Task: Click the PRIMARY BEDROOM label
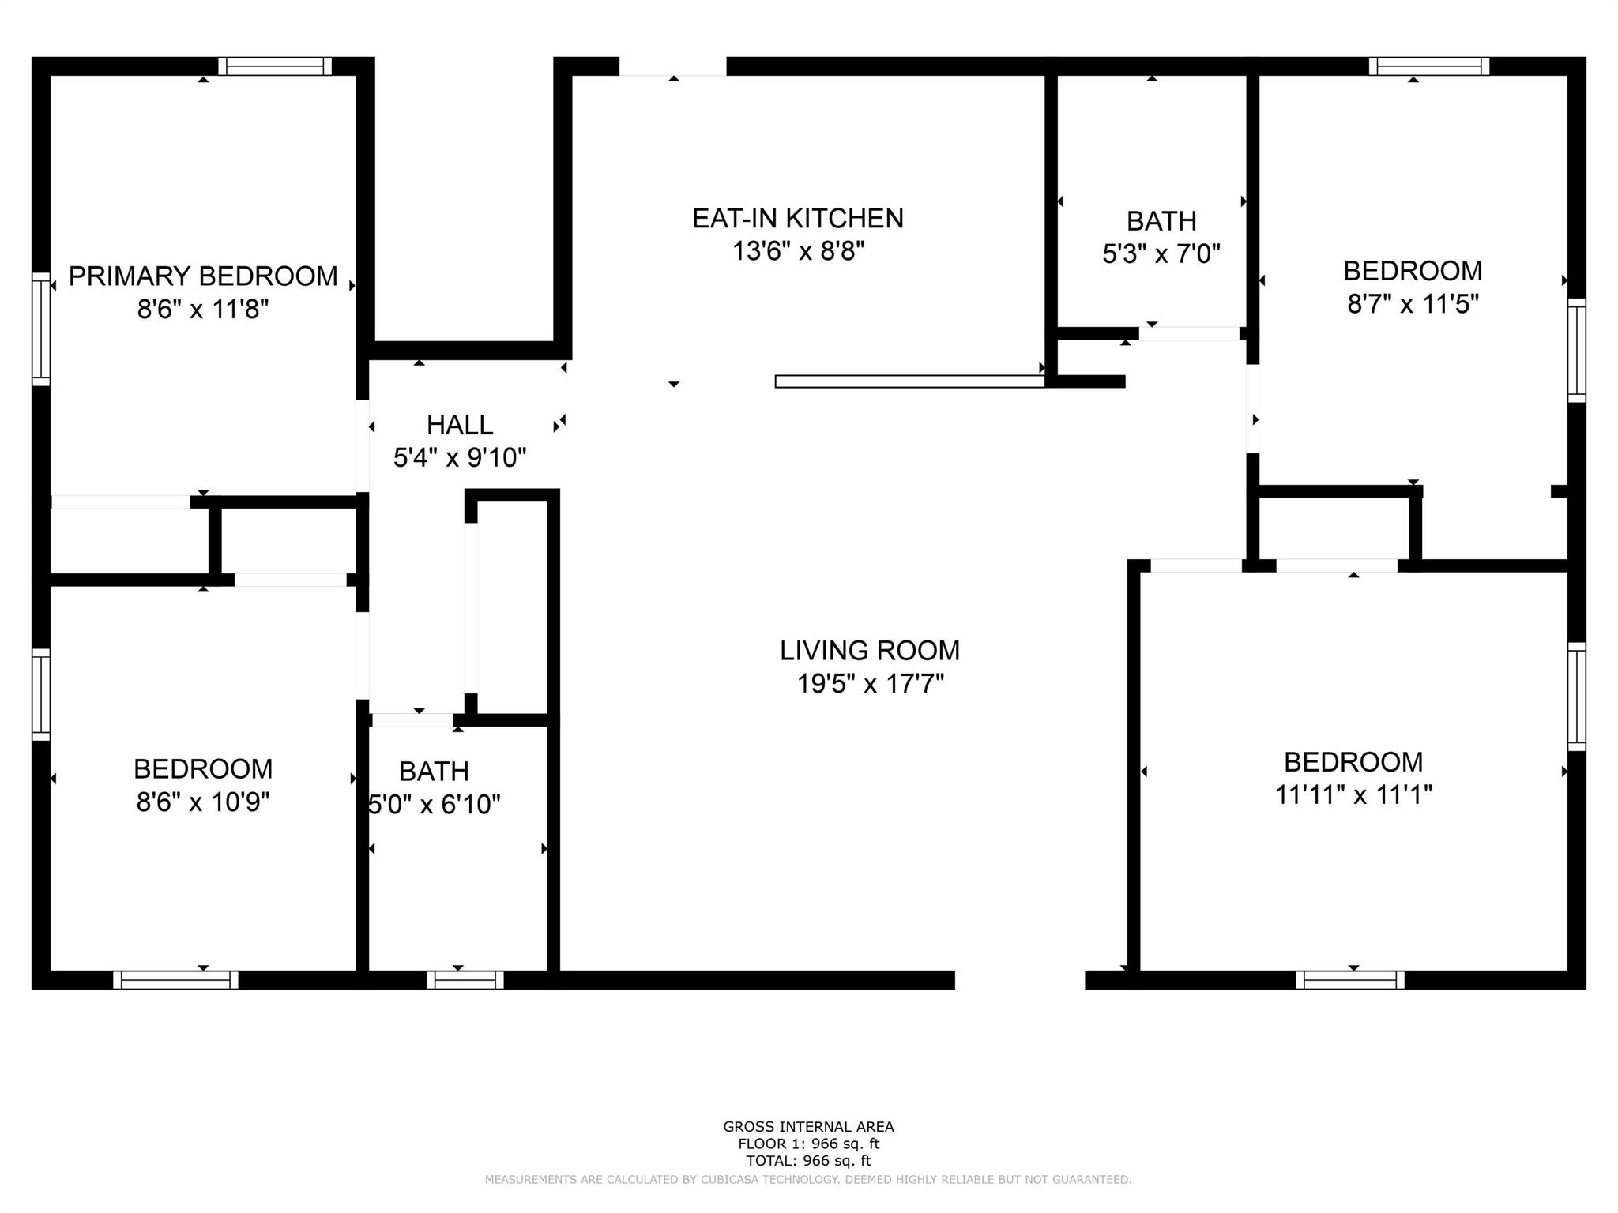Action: click(203, 276)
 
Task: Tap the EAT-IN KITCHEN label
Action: click(798, 219)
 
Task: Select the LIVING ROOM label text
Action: click(870, 651)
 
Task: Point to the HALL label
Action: click(460, 425)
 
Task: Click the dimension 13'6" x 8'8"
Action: click(798, 251)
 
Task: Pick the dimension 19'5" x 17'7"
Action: click(870, 683)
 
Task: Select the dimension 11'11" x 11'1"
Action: click(1353, 794)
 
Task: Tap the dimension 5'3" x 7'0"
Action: click(1161, 253)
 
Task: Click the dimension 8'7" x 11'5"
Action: click(1413, 303)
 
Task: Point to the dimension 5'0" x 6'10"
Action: click(434, 805)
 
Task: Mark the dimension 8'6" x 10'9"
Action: click(203, 802)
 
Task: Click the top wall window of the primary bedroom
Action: click(275, 66)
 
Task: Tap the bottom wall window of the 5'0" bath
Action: click(465, 980)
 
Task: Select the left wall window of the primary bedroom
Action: click(41, 329)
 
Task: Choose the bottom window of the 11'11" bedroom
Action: click(1350, 980)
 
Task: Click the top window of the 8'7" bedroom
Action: click(1429, 66)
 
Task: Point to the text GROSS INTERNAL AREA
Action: click(808, 1127)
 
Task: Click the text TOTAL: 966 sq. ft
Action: click(808, 1161)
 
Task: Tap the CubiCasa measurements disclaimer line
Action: click(808, 1180)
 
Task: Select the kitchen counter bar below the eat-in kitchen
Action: click(910, 381)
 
